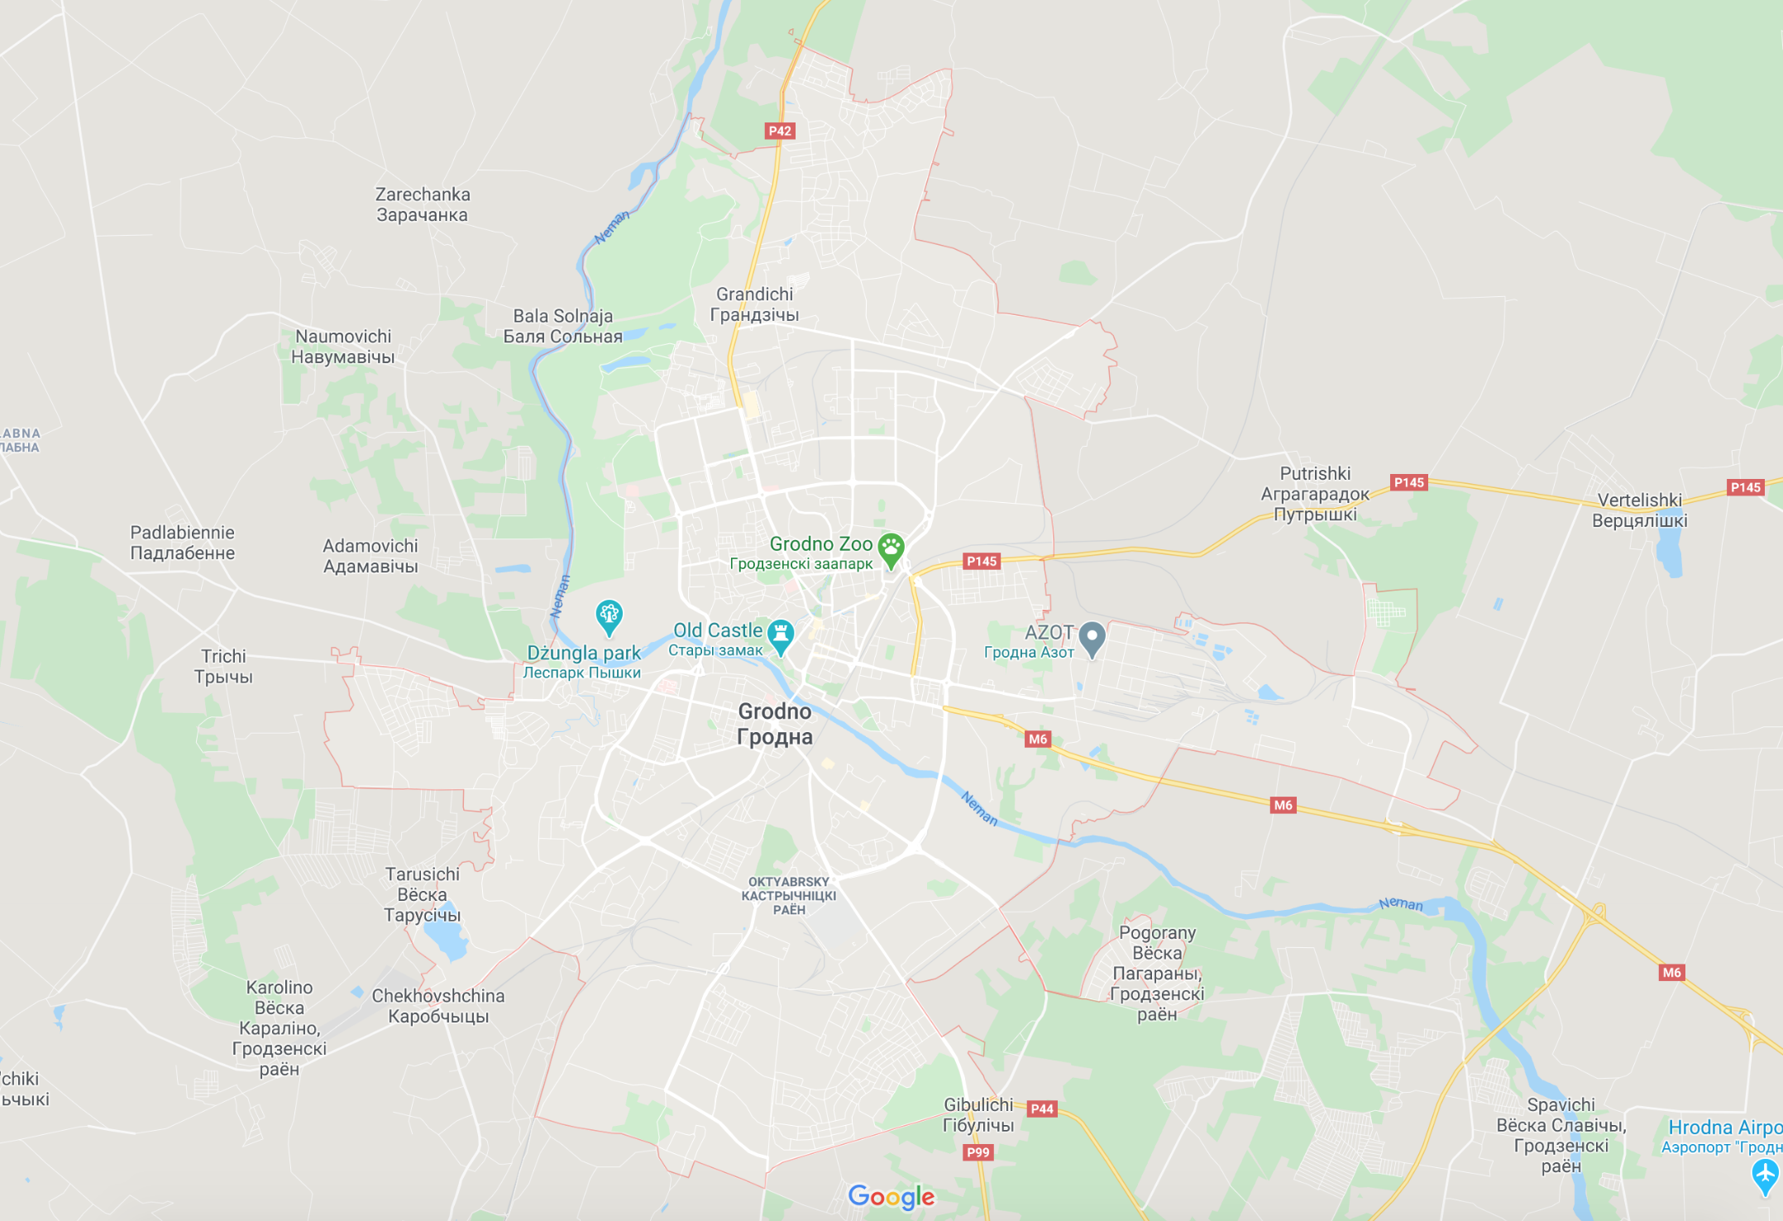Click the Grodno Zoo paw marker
891,548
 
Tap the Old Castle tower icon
780,634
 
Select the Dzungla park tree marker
609,615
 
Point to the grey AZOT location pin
1092,637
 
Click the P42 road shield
779,131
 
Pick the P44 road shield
1041,1108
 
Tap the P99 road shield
978,1152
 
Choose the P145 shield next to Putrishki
1408,482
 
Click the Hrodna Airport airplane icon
1764,1174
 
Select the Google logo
891,1196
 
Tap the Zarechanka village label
423,204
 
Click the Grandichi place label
754,304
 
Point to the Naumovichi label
343,347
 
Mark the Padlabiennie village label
182,543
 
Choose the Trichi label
223,666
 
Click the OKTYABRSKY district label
789,896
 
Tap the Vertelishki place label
1639,510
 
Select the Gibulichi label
978,1114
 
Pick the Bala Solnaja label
563,326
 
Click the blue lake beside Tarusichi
445,939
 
